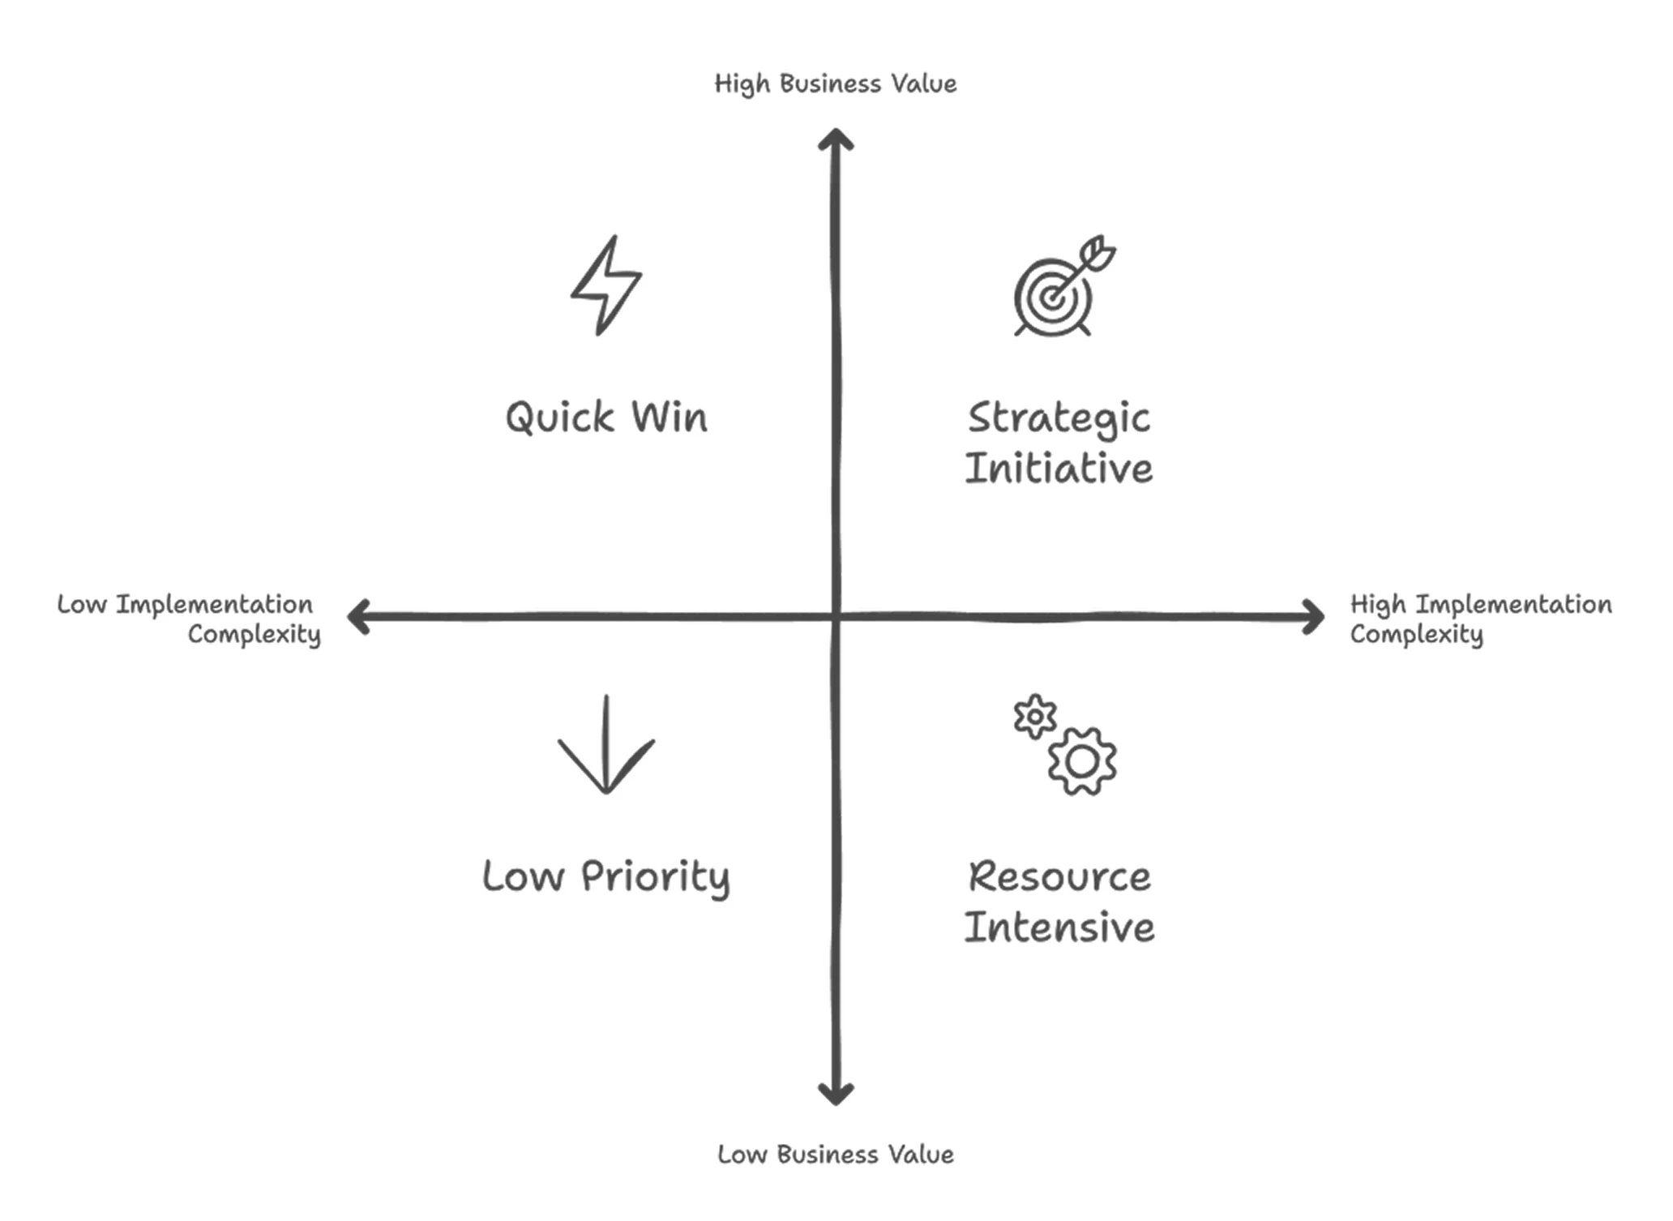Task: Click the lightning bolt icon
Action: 606,285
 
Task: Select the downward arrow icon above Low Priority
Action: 606,746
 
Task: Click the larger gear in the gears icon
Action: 1081,761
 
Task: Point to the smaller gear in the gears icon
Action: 1035,717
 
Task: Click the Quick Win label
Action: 606,418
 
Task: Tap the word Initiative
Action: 1059,469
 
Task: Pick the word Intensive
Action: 1059,928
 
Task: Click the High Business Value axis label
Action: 836,84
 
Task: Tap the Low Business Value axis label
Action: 836,1155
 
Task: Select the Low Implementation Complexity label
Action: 189,619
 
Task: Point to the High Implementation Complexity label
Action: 1480,619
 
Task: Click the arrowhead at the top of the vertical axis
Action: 836,139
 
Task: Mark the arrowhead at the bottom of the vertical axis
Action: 836,1095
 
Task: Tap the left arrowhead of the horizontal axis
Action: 358,617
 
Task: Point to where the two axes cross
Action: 836,618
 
